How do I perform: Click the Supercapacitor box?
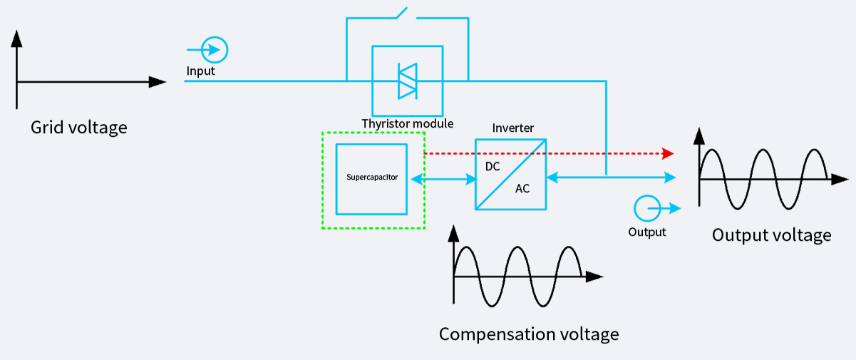click(371, 178)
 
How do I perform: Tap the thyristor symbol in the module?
click(407, 81)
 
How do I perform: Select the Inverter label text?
click(512, 128)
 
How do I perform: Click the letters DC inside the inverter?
click(493, 167)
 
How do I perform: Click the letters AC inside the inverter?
click(522, 189)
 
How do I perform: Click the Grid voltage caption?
click(78, 128)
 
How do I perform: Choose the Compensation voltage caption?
click(528, 334)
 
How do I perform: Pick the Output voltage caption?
click(771, 235)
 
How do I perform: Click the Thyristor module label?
click(407, 123)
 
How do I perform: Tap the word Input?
click(200, 71)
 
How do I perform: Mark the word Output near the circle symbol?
click(646, 232)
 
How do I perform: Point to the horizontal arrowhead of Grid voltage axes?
click(158, 82)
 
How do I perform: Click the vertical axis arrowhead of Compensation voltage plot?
click(453, 231)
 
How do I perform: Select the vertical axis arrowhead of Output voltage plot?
click(699, 134)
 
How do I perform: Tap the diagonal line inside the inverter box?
click(510, 174)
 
